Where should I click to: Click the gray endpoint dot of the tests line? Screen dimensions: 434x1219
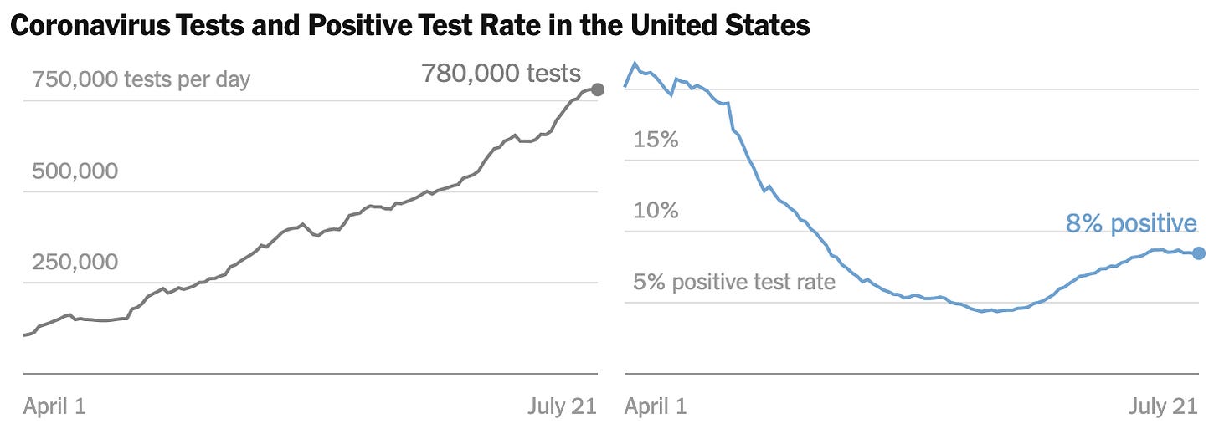[x=597, y=89]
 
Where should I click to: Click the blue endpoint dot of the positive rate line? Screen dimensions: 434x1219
[x=1198, y=253]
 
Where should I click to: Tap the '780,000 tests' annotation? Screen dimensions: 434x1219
[x=501, y=74]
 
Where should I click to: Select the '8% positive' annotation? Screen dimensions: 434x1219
[x=1130, y=224]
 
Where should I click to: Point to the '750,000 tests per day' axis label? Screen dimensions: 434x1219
[x=141, y=80]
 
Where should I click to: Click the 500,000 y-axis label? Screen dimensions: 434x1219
[x=75, y=171]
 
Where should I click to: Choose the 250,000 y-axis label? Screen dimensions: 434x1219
[x=75, y=263]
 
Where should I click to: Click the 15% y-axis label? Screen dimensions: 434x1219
[x=656, y=140]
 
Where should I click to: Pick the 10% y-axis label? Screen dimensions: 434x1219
[x=656, y=211]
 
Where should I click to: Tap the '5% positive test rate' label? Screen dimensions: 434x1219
[x=734, y=282]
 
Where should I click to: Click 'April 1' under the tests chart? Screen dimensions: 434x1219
[x=54, y=407]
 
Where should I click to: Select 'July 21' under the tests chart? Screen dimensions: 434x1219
[x=562, y=407]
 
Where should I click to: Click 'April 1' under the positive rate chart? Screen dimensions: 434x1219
[x=656, y=407]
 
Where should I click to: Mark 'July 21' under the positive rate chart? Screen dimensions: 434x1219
[x=1163, y=407]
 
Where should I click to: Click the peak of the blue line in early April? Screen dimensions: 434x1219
[x=635, y=63]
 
